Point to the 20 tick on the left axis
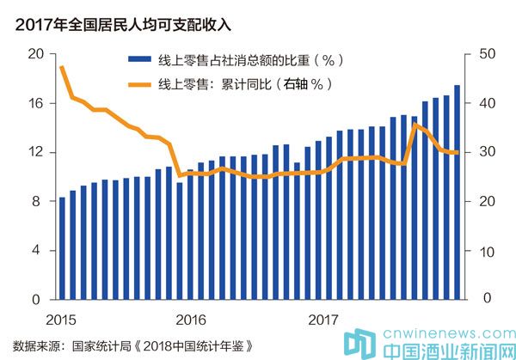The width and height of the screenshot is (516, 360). point(35,54)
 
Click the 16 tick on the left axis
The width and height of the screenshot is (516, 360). point(35,103)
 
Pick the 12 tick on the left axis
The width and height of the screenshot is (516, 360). point(35,153)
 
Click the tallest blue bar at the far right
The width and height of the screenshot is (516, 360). point(457,193)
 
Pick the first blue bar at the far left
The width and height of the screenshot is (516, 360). point(62,249)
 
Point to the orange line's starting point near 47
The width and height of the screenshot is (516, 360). point(62,67)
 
